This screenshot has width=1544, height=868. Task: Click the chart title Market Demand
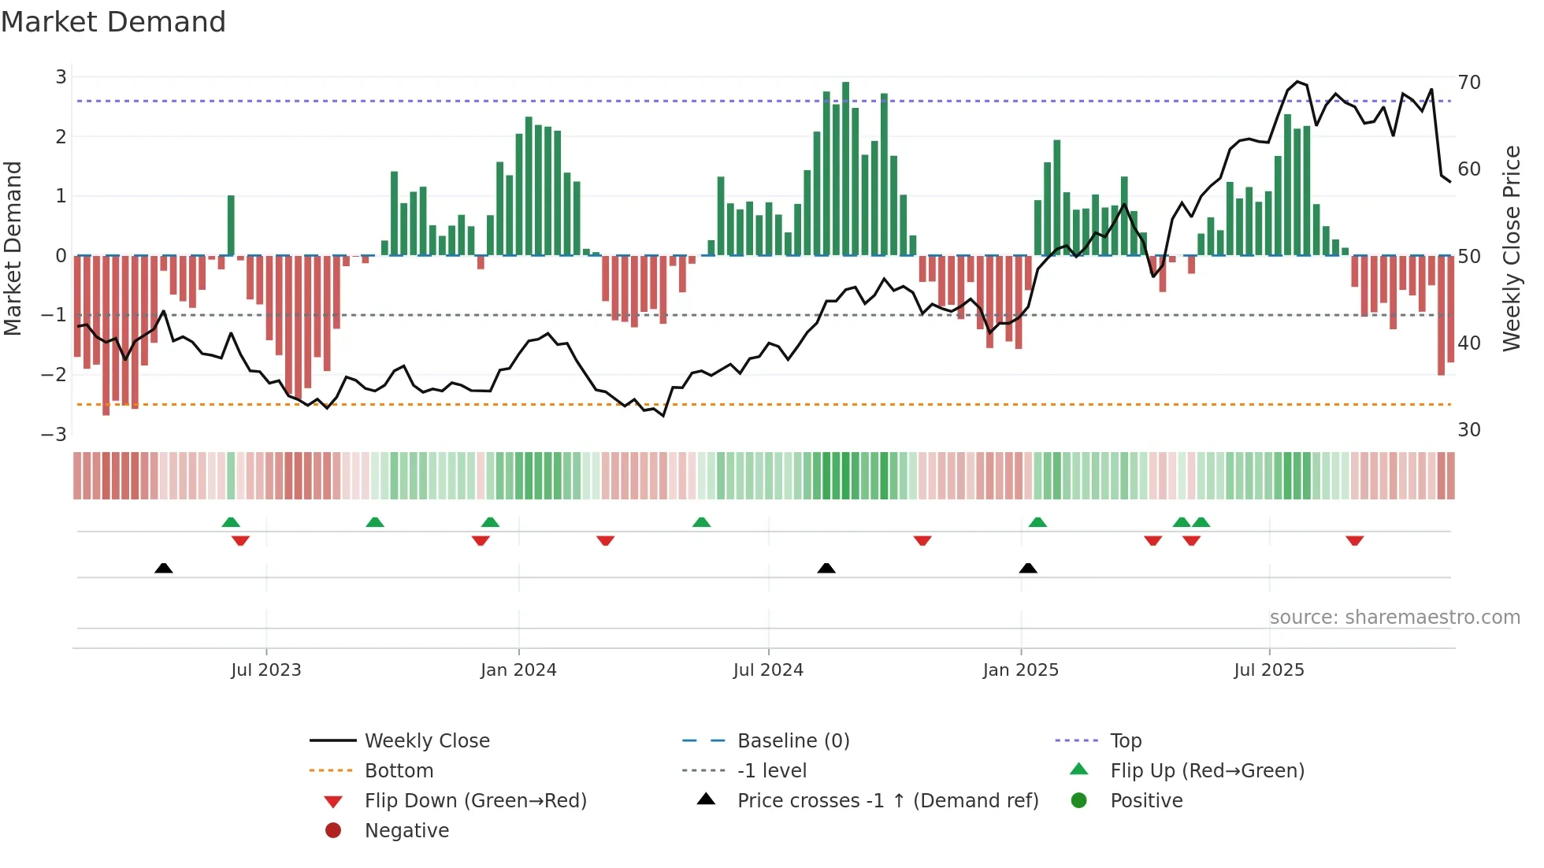[113, 22]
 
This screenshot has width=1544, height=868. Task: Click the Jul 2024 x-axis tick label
[768, 670]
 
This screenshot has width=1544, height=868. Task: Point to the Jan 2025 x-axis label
[1020, 670]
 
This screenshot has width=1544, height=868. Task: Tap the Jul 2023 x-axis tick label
[266, 670]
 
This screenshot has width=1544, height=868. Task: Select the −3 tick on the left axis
[54, 434]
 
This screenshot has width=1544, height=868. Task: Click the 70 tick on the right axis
[1469, 83]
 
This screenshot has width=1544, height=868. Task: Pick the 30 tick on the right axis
[1469, 430]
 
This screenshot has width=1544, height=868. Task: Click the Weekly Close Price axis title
[1511, 248]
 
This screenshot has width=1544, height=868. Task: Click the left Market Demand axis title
[13, 248]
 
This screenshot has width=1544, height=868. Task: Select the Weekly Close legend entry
[426, 741]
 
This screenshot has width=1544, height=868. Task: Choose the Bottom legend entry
[399, 771]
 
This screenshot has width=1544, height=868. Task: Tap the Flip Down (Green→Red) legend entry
[475, 801]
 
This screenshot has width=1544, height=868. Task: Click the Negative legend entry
[406, 831]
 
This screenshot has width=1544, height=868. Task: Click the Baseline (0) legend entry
[792, 741]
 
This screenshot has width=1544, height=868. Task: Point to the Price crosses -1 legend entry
[887, 801]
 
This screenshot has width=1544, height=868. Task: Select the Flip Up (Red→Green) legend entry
[1207, 771]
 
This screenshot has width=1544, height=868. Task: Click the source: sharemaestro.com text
[1394, 618]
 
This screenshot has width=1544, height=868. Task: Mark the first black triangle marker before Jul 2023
[164, 569]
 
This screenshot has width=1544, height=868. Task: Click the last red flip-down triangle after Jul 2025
[1354, 541]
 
